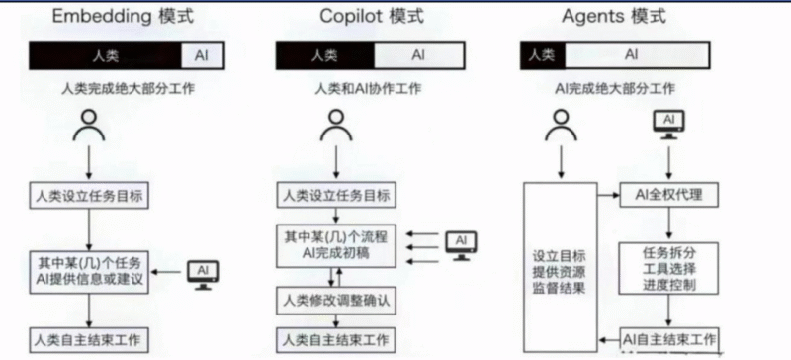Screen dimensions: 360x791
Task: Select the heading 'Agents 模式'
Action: point(613,16)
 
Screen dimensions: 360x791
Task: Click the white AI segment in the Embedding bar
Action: point(203,54)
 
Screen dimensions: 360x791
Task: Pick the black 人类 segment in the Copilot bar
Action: point(323,54)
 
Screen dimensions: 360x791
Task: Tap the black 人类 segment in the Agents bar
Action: point(541,54)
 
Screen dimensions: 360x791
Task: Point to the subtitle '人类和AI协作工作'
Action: point(368,89)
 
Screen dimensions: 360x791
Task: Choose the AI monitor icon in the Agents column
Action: point(669,125)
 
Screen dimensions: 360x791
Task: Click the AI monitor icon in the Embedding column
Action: point(203,272)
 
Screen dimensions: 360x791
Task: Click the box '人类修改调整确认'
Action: point(332,298)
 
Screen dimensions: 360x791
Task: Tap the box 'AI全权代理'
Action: point(668,194)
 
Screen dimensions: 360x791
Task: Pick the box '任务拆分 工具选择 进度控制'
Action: point(668,267)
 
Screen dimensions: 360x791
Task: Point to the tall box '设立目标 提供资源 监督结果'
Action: point(558,267)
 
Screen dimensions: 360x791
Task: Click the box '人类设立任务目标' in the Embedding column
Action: point(90,194)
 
